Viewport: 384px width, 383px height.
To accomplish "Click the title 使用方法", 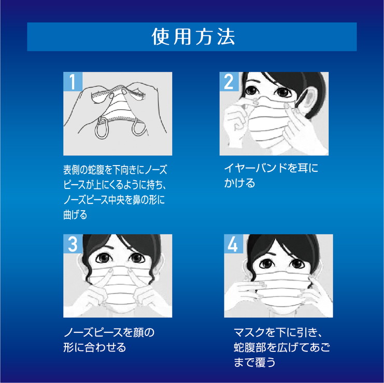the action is pos(193,37).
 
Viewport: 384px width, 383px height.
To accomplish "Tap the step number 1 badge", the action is pos(73,81).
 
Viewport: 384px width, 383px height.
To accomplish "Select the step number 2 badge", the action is pos(229,81).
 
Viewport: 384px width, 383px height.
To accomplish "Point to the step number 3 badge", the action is pos(73,244).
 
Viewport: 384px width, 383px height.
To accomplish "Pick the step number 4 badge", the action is pos(233,244).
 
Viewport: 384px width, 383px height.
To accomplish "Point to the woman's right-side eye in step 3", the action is pos(137,258).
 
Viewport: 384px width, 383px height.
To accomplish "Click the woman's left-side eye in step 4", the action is pos(266,263).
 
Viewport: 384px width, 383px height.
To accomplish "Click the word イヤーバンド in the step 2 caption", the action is pos(255,168).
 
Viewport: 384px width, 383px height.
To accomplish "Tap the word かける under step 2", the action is pos(239,183).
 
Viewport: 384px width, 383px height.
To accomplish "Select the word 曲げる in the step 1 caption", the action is pos(75,215).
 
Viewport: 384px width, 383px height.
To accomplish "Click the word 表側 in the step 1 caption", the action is pos(71,170).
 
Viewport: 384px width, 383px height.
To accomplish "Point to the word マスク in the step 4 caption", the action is pos(249,332).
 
